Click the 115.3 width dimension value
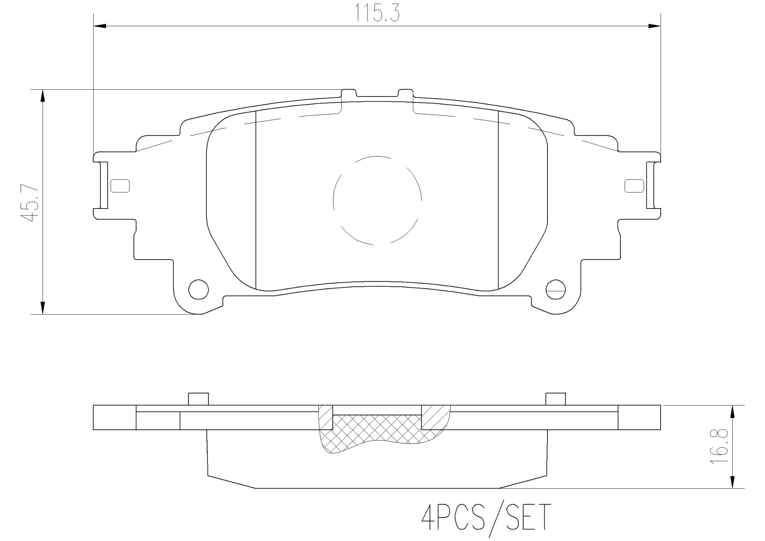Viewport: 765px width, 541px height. coord(377,14)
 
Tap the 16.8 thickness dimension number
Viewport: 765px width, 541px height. coord(719,447)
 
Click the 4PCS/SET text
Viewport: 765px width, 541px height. coord(486,517)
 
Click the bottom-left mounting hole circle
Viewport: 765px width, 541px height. coord(198,289)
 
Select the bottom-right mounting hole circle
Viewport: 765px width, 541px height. coord(555,289)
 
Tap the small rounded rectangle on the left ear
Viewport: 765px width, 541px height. coord(120,186)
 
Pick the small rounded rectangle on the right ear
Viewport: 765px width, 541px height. coord(634,186)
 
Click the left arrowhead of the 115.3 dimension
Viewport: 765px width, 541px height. coord(100,26)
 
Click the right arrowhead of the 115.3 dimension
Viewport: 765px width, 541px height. coord(654,26)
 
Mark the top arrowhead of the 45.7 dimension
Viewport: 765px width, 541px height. coord(42,96)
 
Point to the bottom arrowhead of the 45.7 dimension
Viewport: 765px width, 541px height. coord(42,308)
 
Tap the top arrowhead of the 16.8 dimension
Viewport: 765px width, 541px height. coord(732,411)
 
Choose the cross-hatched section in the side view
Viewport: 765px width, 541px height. coord(371,431)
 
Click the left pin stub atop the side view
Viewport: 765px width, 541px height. coord(198,399)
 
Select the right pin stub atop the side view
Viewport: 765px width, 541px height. coord(555,399)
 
